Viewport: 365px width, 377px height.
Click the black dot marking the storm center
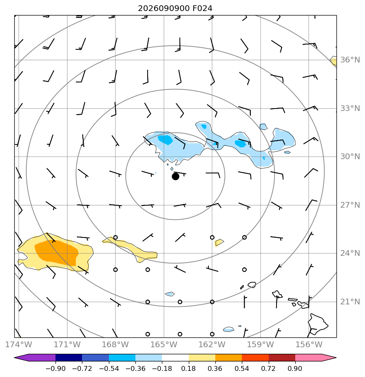coord(175,177)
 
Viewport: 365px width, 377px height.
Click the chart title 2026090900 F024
coord(175,9)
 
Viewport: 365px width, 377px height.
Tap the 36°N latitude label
coord(350,60)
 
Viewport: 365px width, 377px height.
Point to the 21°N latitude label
coord(350,302)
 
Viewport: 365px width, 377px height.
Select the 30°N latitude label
coord(350,157)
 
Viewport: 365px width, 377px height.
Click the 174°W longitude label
coord(18,344)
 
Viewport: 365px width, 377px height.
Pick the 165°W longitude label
coord(164,344)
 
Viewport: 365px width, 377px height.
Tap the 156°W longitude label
coord(309,344)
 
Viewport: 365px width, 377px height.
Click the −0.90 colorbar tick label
coord(55,368)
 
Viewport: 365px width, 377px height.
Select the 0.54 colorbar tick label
coord(241,368)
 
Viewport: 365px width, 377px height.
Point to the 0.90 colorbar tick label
coord(295,368)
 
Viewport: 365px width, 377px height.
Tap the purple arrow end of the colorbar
coord(35,358)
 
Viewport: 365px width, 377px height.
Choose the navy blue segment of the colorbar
coord(69,358)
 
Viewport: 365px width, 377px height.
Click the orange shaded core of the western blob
coord(57,253)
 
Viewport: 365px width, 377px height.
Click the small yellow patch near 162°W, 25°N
coord(219,243)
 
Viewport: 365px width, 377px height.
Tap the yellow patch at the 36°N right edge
coord(334,61)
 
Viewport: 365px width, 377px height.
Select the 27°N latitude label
coord(350,205)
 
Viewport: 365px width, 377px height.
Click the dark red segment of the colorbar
coord(282,358)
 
